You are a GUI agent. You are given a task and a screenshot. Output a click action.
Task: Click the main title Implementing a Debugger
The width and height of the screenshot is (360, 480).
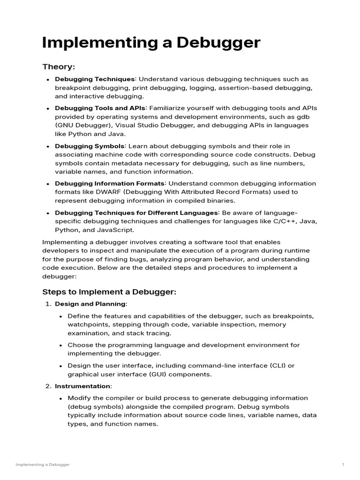click(x=151, y=43)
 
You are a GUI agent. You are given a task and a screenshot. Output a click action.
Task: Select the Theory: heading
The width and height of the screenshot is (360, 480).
click(x=59, y=67)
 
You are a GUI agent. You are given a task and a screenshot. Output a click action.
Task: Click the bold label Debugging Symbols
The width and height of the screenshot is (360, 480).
click(x=90, y=146)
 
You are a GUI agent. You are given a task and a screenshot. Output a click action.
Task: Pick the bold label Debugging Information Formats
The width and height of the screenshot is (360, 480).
click(x=111, y=183)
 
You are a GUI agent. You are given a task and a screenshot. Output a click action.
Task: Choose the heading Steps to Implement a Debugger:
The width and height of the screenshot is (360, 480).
click(x=109, y=292)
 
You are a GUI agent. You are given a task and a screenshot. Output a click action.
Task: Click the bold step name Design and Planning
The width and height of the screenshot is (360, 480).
click(x=90, y=304)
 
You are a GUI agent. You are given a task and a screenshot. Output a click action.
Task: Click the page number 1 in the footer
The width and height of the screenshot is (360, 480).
click(x=343, y=465)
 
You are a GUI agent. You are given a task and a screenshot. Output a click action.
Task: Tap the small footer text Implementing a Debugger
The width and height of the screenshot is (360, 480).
click(x=43, y=465)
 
